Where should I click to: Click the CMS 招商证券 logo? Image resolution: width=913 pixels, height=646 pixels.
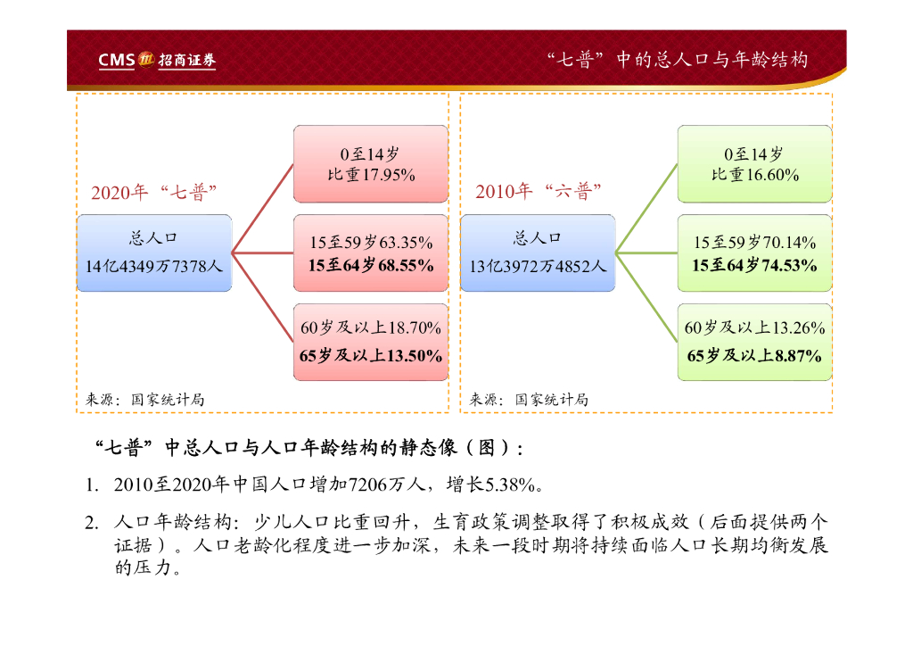157,61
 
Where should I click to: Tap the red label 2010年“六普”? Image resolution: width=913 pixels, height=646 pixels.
539,192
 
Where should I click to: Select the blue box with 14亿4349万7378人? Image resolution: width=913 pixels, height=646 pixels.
153,253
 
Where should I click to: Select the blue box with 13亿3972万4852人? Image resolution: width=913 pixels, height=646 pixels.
538,253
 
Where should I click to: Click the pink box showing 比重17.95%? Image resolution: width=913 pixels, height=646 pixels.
370,164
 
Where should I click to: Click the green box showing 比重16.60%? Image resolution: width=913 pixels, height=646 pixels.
754,164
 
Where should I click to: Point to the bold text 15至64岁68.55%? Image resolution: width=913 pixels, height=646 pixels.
371,265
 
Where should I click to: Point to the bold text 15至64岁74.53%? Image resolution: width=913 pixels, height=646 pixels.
754,265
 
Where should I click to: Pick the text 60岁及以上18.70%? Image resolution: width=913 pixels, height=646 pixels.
371,328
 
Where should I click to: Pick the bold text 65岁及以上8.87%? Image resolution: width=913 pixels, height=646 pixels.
754,356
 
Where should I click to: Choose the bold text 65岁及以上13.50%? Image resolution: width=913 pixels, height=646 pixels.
371,356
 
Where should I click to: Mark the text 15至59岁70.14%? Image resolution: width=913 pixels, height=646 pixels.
754,242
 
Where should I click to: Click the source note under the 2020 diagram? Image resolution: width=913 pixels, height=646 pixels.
145,400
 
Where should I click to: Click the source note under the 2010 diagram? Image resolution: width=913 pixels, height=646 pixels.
529,400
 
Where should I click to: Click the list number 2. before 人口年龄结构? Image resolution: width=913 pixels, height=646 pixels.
91,521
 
